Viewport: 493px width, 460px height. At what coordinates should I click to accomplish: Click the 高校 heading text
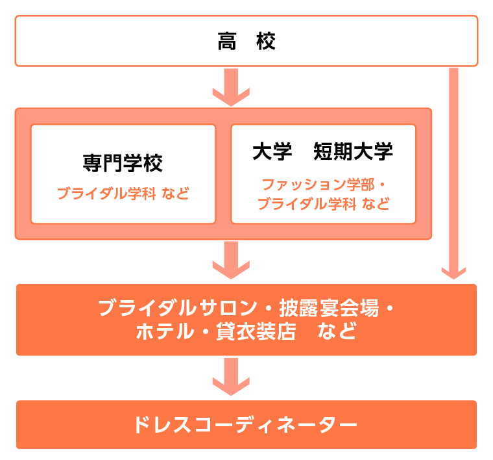[x=246, y=42]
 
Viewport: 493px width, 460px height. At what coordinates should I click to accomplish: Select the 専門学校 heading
[x=123, y=162]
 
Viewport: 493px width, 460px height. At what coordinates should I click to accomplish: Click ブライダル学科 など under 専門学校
[x=123, y=194]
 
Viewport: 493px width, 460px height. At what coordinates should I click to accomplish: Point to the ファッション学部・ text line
[x=322, y=185]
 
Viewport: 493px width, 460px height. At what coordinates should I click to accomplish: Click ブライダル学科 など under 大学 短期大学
[x=322, y=204]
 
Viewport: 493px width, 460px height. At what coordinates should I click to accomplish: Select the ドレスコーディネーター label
[x=246, y=425]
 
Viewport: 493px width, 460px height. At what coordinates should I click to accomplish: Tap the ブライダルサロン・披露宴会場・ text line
[x=246, y=308]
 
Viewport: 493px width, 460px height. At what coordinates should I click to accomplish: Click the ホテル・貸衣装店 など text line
[x=246, y=332]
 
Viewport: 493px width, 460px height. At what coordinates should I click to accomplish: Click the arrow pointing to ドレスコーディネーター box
[x=231, y=376]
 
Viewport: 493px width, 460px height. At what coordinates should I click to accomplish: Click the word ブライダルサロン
[x=173, y=308]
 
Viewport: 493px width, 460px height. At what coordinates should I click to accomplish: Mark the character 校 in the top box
[x=265, y=42]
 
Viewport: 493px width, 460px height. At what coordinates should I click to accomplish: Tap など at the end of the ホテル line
[x=338, y=332]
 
